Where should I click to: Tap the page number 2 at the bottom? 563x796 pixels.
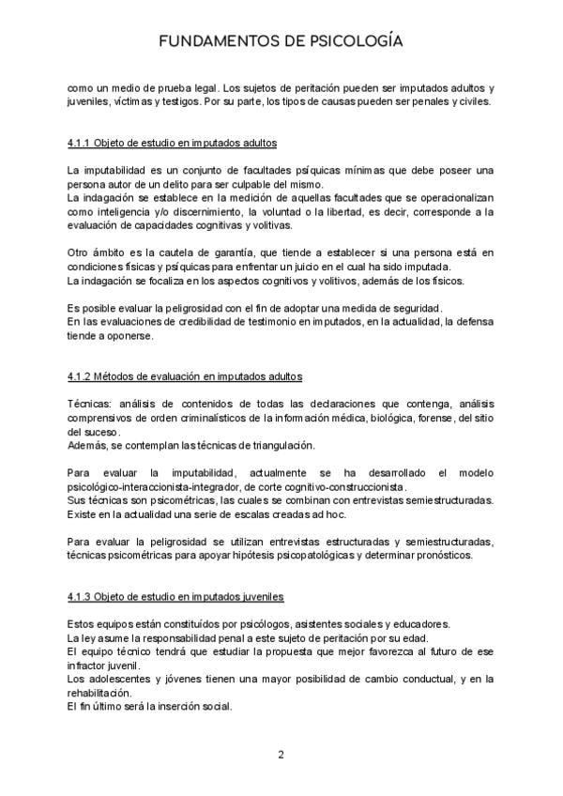click(x=281, y=754)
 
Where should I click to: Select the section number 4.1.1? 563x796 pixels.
click(x=82, y=143)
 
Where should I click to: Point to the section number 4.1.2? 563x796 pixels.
click(x=82, y=376)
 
